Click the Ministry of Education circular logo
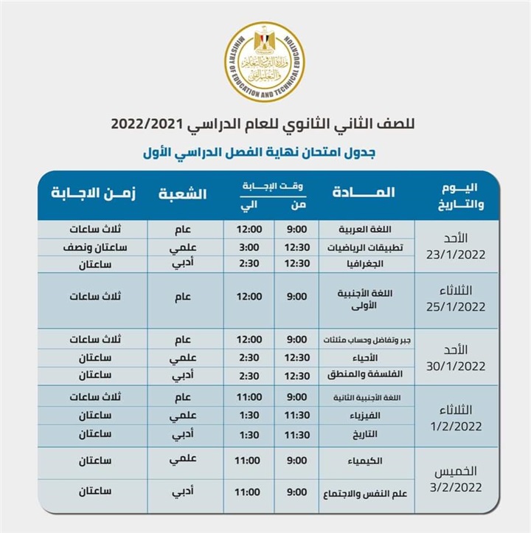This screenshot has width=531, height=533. pos(265,62)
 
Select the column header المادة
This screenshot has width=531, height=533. pos(364,193)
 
